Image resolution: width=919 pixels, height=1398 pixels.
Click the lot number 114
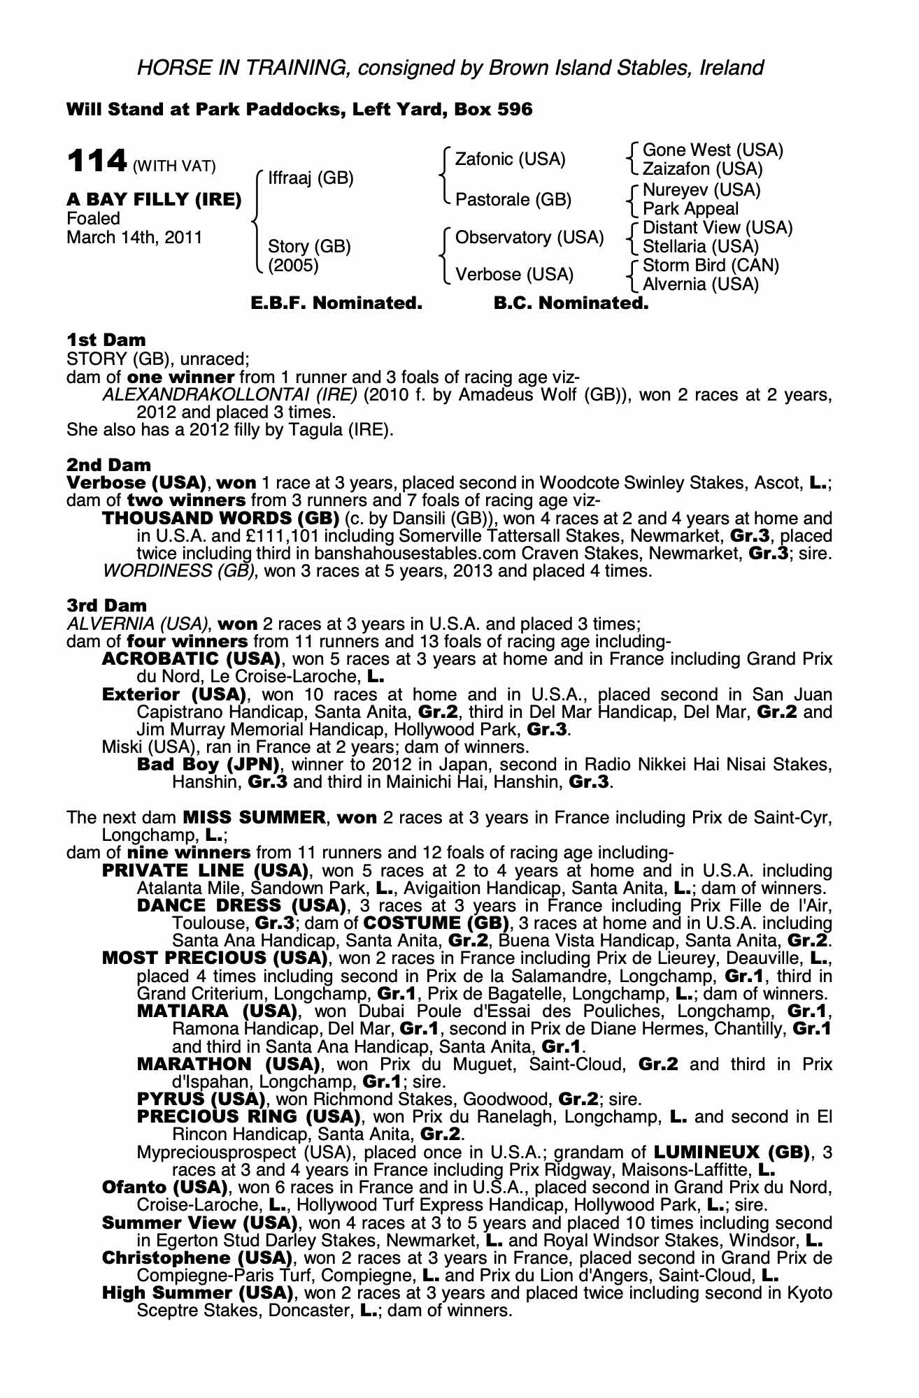96,162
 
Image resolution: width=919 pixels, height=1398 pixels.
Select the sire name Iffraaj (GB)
311,178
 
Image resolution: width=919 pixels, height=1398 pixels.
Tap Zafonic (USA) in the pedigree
510,159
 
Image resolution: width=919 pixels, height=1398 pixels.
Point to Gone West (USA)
712,150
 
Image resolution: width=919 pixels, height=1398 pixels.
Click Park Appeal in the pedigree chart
690,208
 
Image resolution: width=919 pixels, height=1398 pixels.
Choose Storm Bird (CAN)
711,266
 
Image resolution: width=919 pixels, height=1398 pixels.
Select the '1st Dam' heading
106,340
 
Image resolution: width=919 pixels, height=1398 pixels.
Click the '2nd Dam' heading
108,465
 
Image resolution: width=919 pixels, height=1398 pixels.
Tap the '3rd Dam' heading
107,605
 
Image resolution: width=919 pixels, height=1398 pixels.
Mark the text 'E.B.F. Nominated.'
336,303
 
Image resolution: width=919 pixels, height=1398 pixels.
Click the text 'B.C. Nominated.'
571,303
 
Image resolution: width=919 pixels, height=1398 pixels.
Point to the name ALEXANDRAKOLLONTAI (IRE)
230,395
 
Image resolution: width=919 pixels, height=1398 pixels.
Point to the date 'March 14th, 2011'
134,238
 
